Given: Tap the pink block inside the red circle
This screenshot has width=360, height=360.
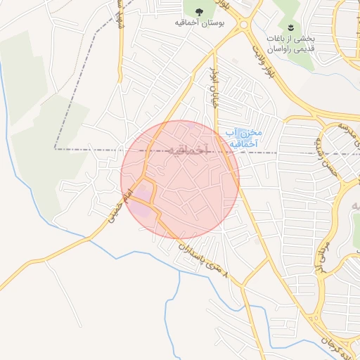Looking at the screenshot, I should tap(143, 192).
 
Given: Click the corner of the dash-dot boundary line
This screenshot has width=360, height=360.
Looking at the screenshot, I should tap(55, 149).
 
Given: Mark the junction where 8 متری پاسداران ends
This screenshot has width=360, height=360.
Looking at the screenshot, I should tap(243, 285).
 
